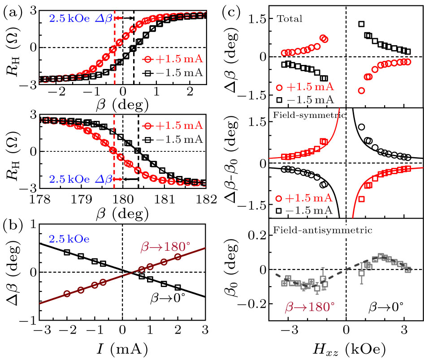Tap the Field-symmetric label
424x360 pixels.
click(x=304, y=115)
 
